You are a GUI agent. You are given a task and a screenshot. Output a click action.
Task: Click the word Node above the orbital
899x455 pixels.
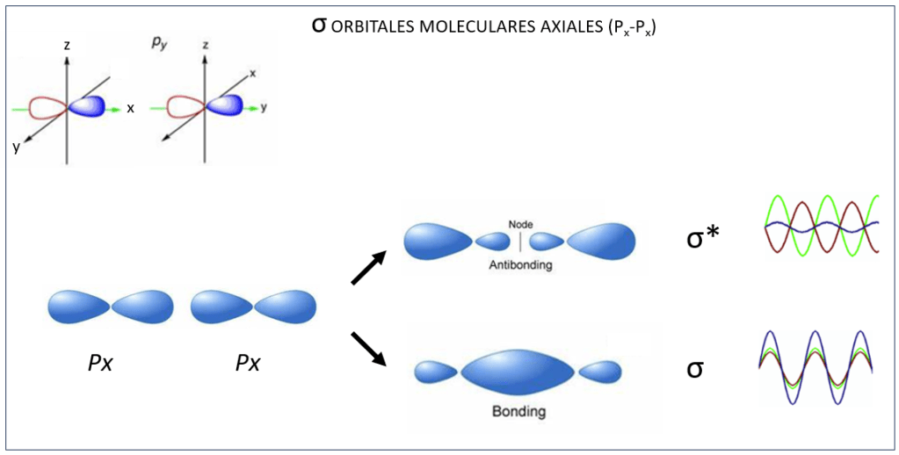pyautogui.click(x=520, y=224)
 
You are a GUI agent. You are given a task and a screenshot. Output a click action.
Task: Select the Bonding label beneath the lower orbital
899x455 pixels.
pyautogui.click(x=518, y=411)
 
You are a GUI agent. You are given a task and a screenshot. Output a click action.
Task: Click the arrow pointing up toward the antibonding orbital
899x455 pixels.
pyautogui.click(x=369, y=267)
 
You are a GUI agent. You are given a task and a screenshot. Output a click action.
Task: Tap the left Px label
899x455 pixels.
pyautogui.click(x=99, y=362)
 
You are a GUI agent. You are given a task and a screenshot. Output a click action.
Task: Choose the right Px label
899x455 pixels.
pyautogui.click(x=248, y=362)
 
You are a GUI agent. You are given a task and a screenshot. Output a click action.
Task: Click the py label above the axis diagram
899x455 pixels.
pyautogui.click(x=158, y=41)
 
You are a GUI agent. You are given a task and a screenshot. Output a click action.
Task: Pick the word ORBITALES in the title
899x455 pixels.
pyautogui.click(x=370, y=27)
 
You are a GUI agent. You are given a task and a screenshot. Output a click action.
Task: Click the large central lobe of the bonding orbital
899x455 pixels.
pyautogui.click(x=518, y=372)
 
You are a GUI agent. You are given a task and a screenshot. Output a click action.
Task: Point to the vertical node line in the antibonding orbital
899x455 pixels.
pyautogui.click(x=520, y=240)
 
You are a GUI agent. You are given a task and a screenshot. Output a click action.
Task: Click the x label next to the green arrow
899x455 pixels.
pyautogui.click(x=130, y=108)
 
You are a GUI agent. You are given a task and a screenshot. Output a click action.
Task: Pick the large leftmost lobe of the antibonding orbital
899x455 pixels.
pyautogui.click(x=437, y=241)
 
